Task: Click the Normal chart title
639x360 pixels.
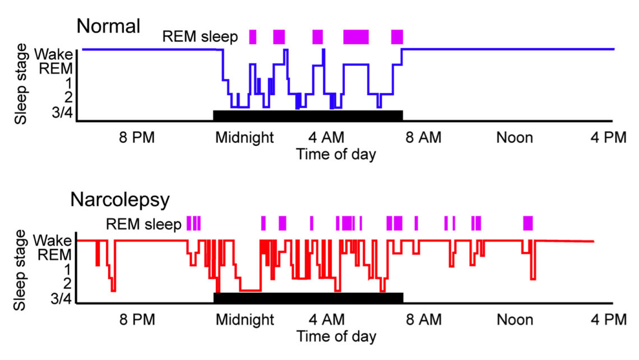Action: point(108,26)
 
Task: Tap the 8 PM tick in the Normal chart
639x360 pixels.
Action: point(137,137)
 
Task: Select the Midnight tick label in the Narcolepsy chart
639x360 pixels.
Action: point(245,320)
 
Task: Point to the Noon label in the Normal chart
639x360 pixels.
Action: point(514,137)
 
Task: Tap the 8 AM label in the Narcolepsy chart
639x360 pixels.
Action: point(419,320)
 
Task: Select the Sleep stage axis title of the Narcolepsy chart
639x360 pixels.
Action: point(21,270)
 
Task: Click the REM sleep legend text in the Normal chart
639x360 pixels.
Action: point(200,37)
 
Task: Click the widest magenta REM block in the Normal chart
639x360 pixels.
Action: point(356,37)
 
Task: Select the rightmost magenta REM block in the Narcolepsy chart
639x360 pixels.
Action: point(527,223)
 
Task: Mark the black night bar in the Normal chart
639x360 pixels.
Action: point(308,115)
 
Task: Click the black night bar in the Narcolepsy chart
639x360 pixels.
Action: point(308,297)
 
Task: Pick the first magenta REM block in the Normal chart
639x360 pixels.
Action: point(253,37)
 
